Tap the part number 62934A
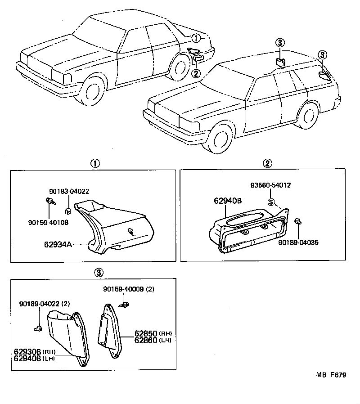pos(58,245)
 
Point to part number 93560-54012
pos(271,185)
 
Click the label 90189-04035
pos(298,242)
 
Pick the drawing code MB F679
pos(331,375)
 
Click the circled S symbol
pos(271,202)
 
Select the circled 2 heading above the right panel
pos(267,163)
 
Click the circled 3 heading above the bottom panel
pos(99,272)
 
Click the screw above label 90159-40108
pos(49,202)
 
